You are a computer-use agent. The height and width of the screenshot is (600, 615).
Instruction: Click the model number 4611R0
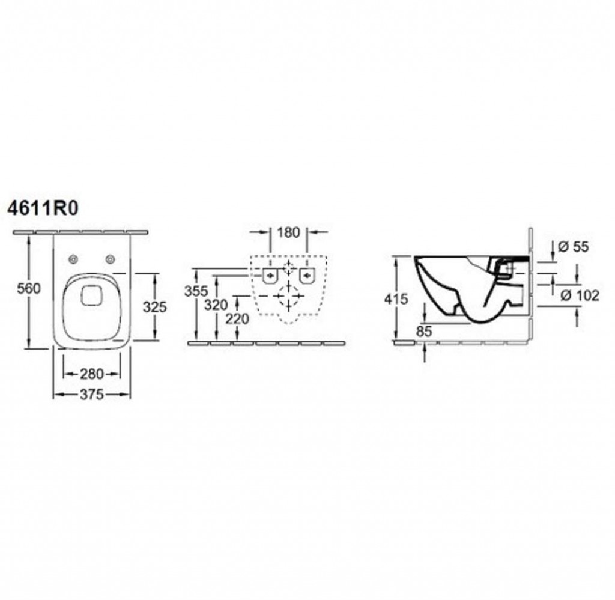click(43, 208)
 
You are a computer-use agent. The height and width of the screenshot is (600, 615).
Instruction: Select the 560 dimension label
click(29, 289)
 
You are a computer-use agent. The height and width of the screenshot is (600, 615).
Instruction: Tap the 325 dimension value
click(154, 307)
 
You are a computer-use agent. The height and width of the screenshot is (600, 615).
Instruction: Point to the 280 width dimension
click(92, 374)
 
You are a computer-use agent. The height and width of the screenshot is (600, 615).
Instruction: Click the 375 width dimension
click(92, 394)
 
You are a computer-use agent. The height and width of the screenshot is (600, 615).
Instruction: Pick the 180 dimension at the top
click(288, 232)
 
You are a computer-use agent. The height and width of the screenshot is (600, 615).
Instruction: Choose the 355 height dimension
click(196, 291)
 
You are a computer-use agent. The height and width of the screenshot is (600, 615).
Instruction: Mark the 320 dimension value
click(216, 305)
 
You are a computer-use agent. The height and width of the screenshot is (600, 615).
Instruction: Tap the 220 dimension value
click(237, 319)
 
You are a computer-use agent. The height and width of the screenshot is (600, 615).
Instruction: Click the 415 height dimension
click(396, 299)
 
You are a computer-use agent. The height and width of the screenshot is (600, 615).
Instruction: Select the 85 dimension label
click(424, 332)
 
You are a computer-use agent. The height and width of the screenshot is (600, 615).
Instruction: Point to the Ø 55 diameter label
click(573, 247)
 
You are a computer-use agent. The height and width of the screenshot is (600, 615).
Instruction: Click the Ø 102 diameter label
click(580, 295)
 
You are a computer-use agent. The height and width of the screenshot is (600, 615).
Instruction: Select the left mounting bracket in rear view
click(270, 275)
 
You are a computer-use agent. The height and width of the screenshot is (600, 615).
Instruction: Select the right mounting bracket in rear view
click(307, 275)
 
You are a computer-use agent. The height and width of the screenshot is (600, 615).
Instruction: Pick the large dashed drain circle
click(288, 295)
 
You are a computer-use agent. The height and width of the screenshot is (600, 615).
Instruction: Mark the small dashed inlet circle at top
click(288, 268)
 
